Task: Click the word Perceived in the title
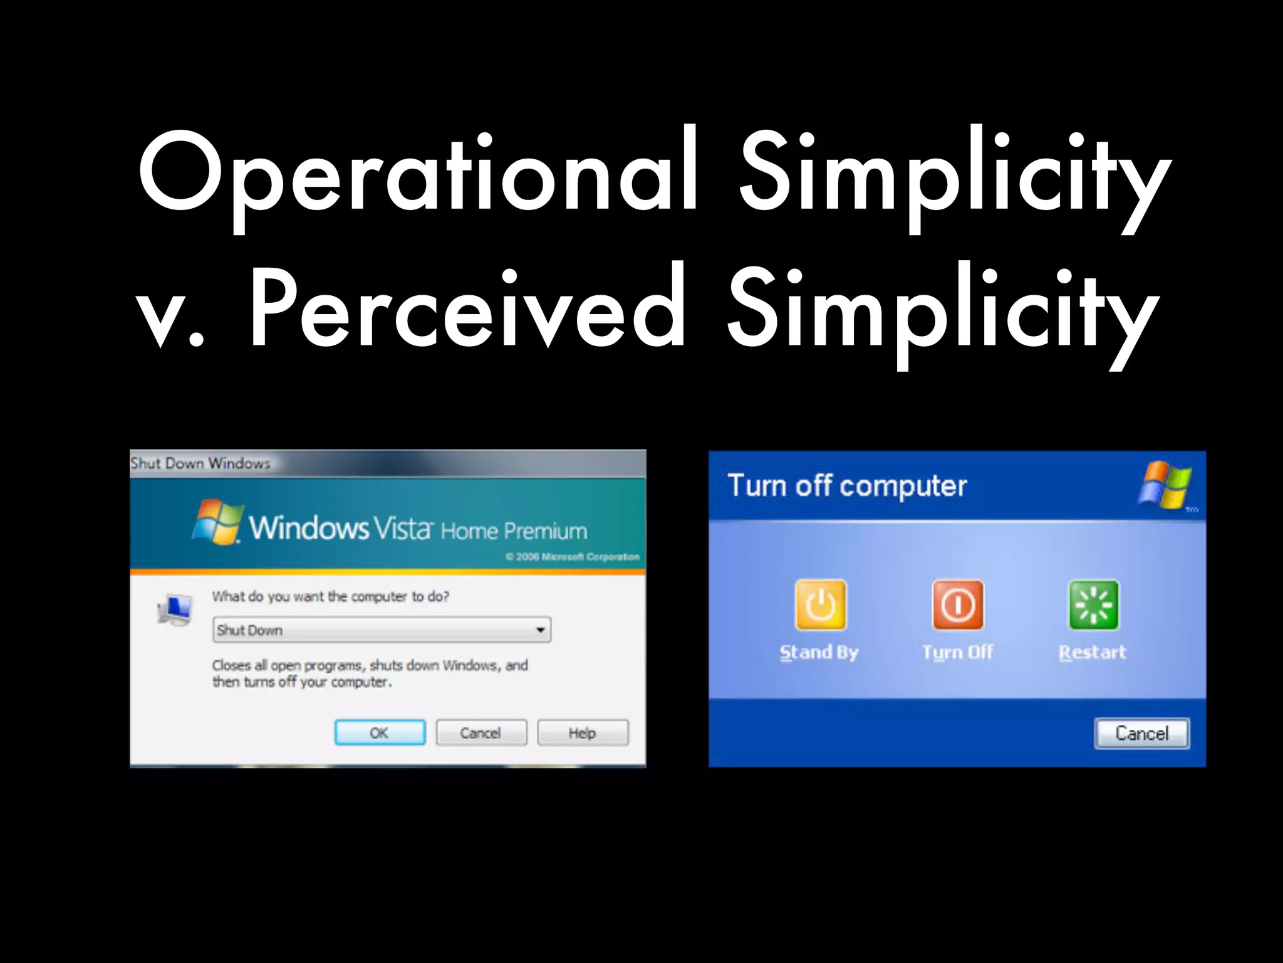click(467, 307)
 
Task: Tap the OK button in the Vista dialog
click(380, 732)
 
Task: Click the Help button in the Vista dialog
click(583, 732)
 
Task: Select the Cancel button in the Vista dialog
click(481, 732)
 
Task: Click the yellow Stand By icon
click(820, 605)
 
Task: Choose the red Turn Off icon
click(958, 605)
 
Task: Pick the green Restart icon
click(1094, 605)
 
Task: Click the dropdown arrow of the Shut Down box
click(540, 630)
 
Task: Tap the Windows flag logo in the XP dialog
click(1165, 484)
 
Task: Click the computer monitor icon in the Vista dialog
click(175, 609)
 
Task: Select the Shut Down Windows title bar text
click(200, 463)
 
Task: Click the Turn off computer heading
click(847, 486)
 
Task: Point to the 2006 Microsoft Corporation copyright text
click(573, 557)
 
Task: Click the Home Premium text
click(514, 532)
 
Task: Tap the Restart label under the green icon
click(1093, 653)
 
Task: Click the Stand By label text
click(819, 653)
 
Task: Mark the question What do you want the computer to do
click(330, 596)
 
